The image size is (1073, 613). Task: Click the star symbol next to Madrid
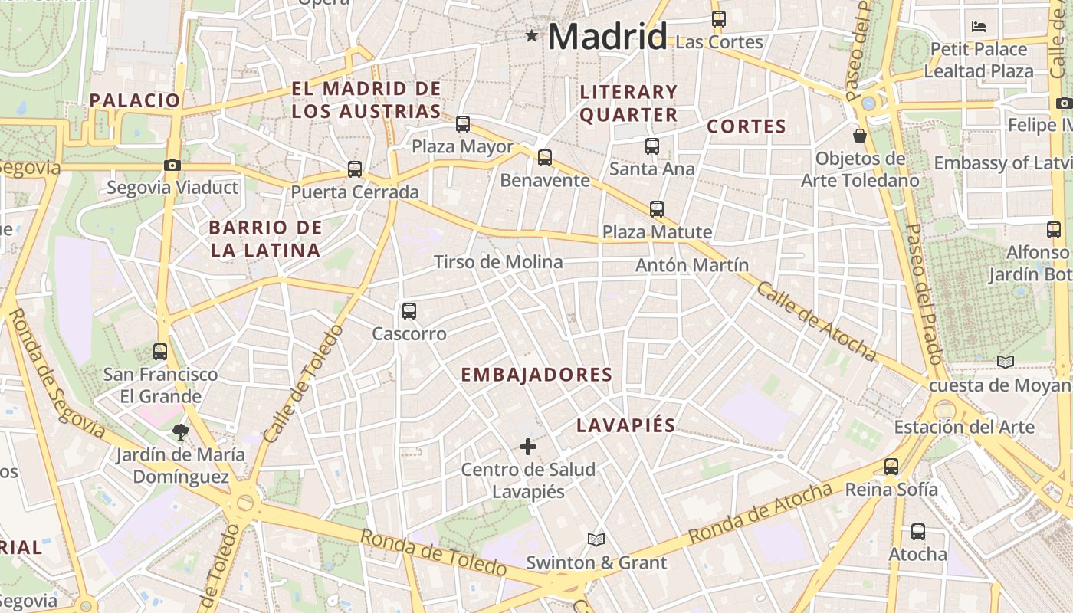click(532, 35)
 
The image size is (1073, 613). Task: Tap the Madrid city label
click(607, 37)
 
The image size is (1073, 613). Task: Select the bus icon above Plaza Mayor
click(463, 124)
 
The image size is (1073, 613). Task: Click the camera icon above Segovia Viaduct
click(172, 165)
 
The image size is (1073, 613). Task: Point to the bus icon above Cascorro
click(409, 311)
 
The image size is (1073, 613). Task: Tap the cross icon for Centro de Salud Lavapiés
click(528, 446)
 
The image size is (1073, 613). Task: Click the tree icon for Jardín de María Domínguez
click(181, 432)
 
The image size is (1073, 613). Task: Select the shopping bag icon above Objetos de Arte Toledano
click(860, 136)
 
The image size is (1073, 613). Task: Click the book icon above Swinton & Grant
click(596, 539)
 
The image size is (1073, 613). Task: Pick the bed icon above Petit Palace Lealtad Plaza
click(979, 27)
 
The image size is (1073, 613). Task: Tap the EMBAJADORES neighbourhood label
click(536, 375)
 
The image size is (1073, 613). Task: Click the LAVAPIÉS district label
click(626, 425)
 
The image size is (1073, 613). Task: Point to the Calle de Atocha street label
click(815, 321)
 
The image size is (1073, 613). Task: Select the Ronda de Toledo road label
click(433, 552)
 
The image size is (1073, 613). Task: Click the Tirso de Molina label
click(498, 262)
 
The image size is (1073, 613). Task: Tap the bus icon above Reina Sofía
click(891, 466)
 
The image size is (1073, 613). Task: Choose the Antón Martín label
click(692, 265)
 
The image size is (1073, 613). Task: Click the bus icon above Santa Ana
click(652, 146)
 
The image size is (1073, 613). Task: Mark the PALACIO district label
click(135, 100)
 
